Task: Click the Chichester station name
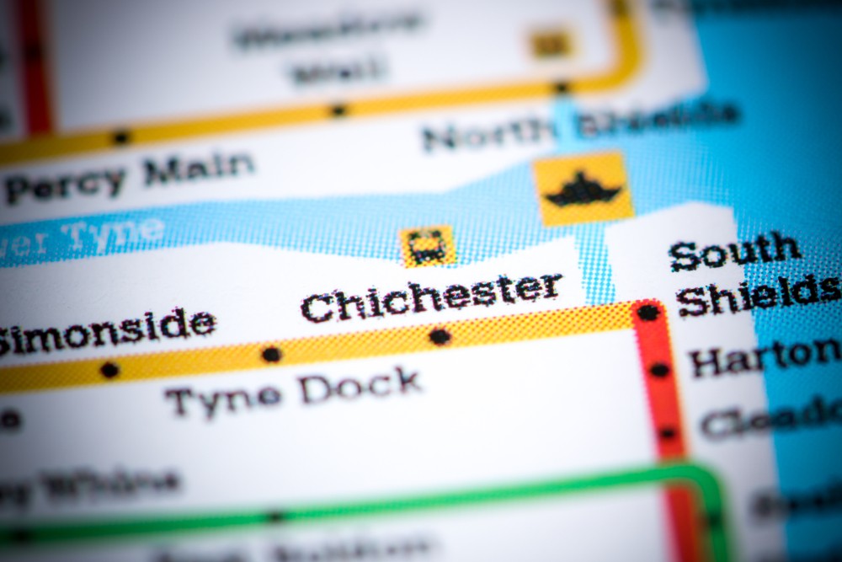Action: pos(431,297)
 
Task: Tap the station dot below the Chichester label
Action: pos(440,336)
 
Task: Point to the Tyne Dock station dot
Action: pos(271,355)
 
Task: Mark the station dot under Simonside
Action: pos(109,370)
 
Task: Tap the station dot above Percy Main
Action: pos(121,136)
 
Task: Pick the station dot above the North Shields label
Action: pos(561,87)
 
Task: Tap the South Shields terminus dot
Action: pos(648,313)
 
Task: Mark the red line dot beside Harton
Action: pos(659,370)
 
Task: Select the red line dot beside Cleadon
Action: pos(668,433)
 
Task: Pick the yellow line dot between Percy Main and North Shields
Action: pos(338,110)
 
